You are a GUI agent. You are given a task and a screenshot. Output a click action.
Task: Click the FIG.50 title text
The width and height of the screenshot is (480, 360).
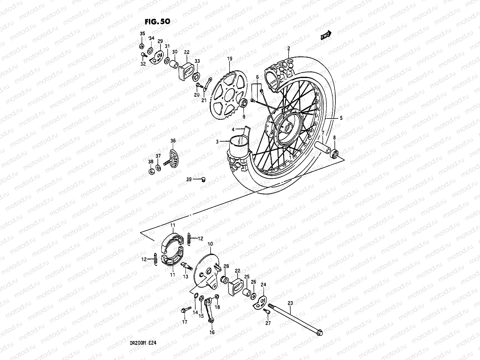tap(157, 22)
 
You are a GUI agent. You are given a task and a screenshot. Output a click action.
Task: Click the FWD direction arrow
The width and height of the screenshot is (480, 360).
tap(326, 35)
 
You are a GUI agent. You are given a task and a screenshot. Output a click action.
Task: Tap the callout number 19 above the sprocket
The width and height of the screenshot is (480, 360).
tap(229, 59)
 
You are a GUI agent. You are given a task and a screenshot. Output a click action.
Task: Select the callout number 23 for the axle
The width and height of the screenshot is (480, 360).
tap(290, 303)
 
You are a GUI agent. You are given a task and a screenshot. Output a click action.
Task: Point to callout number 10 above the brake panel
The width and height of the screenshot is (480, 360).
tap(210, 244)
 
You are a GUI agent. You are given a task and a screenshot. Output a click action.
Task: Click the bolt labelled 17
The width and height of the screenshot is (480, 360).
tap(184, 310)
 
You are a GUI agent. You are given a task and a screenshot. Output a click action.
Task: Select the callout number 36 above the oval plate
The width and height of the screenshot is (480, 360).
tap(173, 140)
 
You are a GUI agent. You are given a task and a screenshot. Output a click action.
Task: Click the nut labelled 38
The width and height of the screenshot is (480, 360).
tap(152, 171)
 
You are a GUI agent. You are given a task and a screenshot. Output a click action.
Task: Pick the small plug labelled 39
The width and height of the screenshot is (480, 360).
tap(203, 180)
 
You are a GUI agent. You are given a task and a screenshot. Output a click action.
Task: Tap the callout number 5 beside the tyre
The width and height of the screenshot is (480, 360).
tap(340, 118)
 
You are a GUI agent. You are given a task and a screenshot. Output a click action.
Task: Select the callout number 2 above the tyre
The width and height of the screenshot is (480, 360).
tap(289, 48)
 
